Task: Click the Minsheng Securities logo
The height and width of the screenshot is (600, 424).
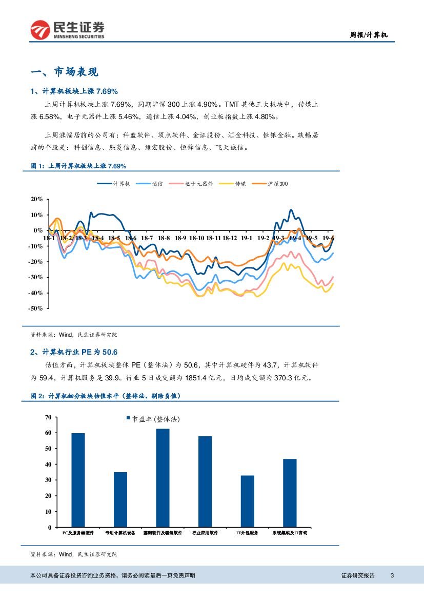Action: [67, 29]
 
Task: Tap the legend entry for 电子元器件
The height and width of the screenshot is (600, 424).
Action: [199, 183]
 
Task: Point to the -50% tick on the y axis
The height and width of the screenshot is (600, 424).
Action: [36, 308]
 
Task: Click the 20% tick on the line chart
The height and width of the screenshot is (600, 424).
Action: [37, 199]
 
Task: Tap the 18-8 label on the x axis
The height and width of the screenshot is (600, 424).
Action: [164, 238]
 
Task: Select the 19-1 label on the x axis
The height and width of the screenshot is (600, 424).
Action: [246, 238]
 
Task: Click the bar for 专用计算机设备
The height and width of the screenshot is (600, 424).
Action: [120, 499]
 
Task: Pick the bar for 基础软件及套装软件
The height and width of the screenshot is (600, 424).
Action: [163, 478]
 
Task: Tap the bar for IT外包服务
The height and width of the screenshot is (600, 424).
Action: [248, 501]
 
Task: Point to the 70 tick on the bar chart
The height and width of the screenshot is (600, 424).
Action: [48, 417]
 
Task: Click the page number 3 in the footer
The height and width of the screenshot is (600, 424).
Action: [392, 575]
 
